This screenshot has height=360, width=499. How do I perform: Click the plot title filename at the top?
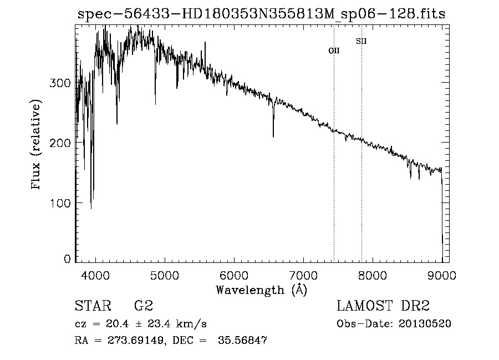pyautogui.click(x=261, y=14)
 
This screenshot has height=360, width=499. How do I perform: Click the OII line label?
pyautogui.click(x=334, y=50)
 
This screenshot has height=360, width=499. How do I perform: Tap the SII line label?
pyautogui.click(x=361, y=41)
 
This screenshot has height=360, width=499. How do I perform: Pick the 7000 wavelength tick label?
pyautogui.click(x=303, y=275)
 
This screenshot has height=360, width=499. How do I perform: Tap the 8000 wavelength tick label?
pyautogui.click(x=372, y=275)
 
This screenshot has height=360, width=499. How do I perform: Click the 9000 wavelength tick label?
pyautogui.click(x=441, y=275)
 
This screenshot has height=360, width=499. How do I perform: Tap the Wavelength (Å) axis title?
pyautogui.click(x=261, y=290)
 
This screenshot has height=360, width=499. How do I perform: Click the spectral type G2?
pyautogui.click(x=144, y=306)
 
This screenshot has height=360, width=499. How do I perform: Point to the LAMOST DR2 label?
pyautogui.click(x=383, y=306)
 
